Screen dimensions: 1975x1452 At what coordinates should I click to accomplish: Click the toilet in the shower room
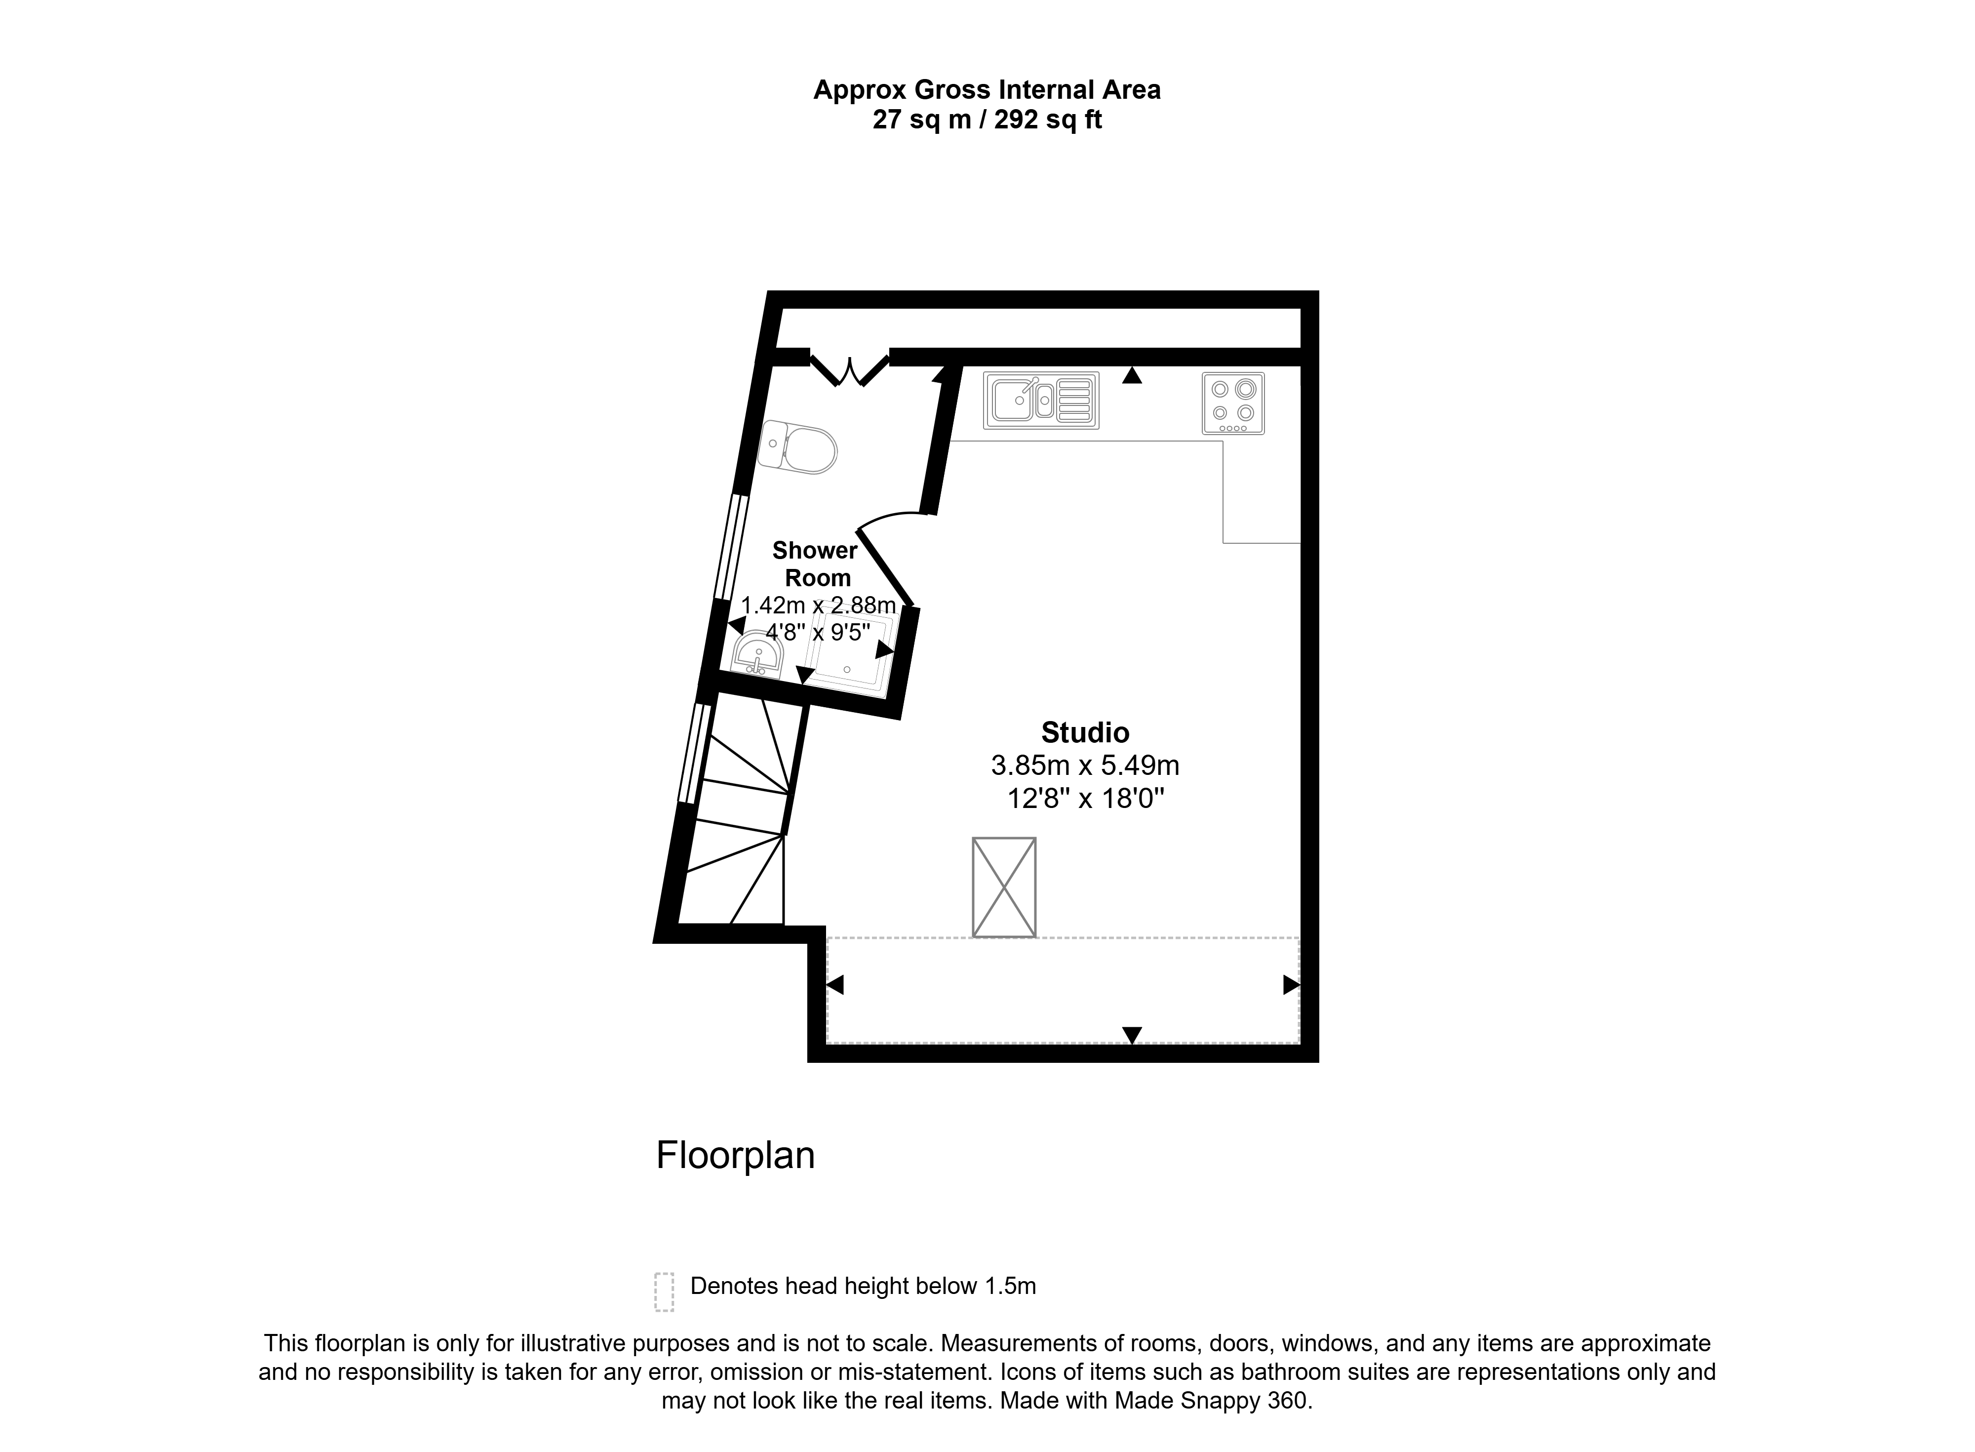point(797,447)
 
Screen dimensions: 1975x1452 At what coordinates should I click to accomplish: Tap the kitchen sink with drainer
point(1042,401)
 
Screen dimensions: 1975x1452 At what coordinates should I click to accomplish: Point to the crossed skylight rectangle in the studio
point(1004,887)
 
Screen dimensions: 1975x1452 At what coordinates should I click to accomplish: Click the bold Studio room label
point(1085,732)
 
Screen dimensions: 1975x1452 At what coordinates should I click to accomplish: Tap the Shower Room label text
point(816,565)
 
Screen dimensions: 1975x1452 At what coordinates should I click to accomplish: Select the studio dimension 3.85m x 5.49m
point(1085,766)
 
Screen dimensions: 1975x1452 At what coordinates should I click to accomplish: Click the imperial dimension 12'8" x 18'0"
point(1085,799)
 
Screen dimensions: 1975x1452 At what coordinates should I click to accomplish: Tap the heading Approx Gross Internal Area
point(987,90)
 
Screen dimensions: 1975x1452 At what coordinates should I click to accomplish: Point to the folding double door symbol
point(850,369)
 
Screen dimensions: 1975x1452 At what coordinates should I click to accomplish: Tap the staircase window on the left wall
point(695,753)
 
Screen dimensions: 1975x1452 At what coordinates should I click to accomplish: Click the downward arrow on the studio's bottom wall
point(1133,1035)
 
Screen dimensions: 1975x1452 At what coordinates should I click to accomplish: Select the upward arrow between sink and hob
point(1133,375)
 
